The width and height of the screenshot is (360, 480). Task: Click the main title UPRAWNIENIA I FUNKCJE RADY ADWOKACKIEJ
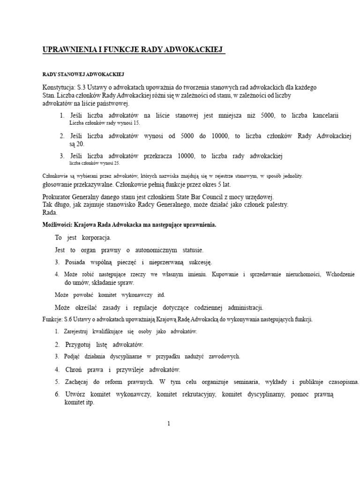(133, 50)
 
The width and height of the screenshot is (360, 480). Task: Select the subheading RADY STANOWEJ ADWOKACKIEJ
(83, 75)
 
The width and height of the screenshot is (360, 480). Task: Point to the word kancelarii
(323, 115)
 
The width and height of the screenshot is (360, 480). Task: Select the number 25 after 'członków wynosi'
(115, 163)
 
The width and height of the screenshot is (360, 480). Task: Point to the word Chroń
(75, 369)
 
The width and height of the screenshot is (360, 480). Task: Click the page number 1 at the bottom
(169, 424)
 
